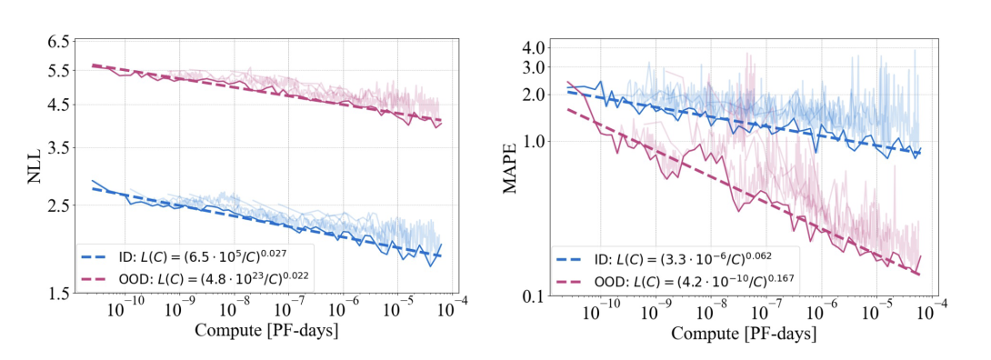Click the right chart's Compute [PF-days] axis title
pyautogui.click(x=744, y=333)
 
